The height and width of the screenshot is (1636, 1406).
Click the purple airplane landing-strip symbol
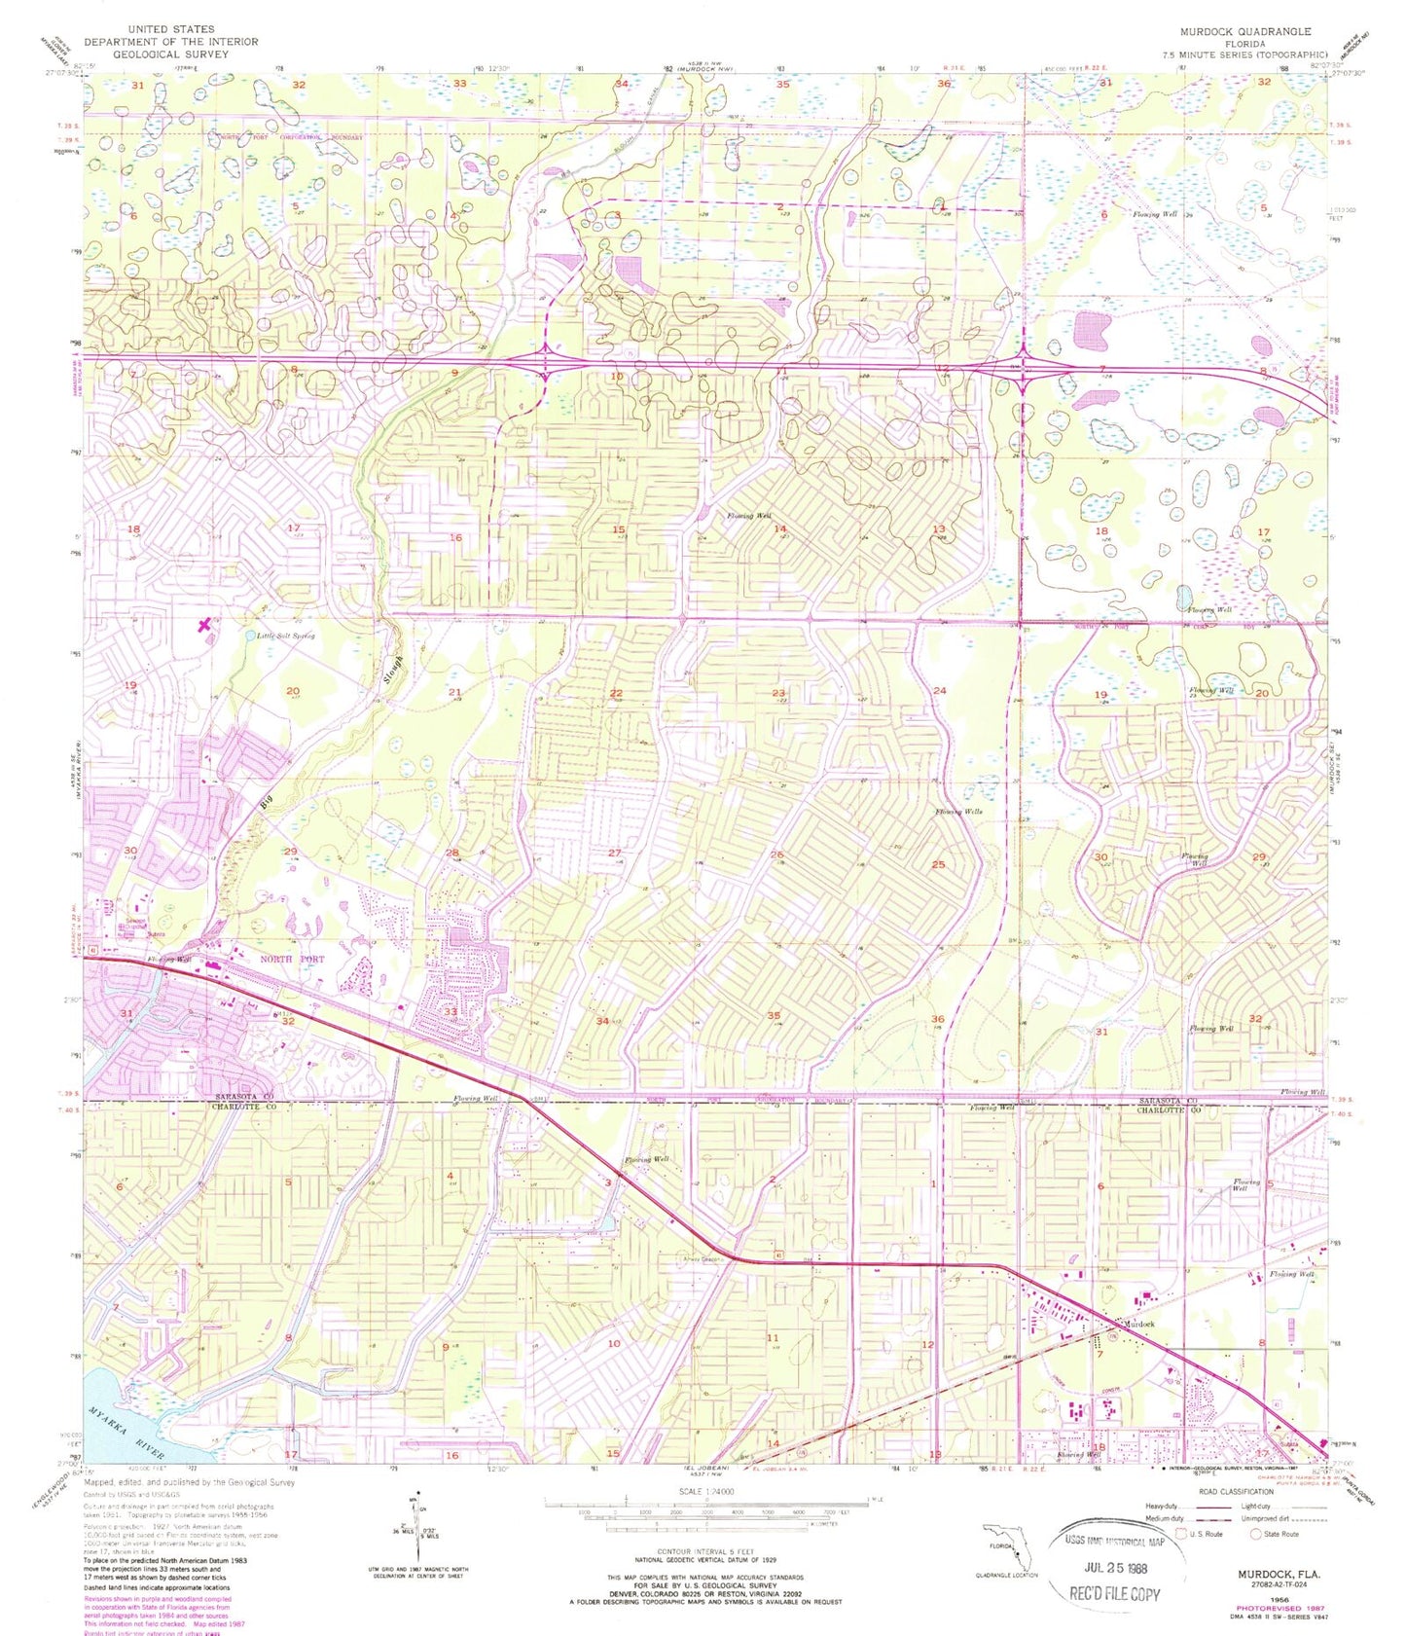point(203,626)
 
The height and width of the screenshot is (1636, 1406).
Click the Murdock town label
point(1139,1325)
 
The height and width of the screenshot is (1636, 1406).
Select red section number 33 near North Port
point(451,1012)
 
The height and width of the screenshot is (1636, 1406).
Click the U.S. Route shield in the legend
point(1182,1533)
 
